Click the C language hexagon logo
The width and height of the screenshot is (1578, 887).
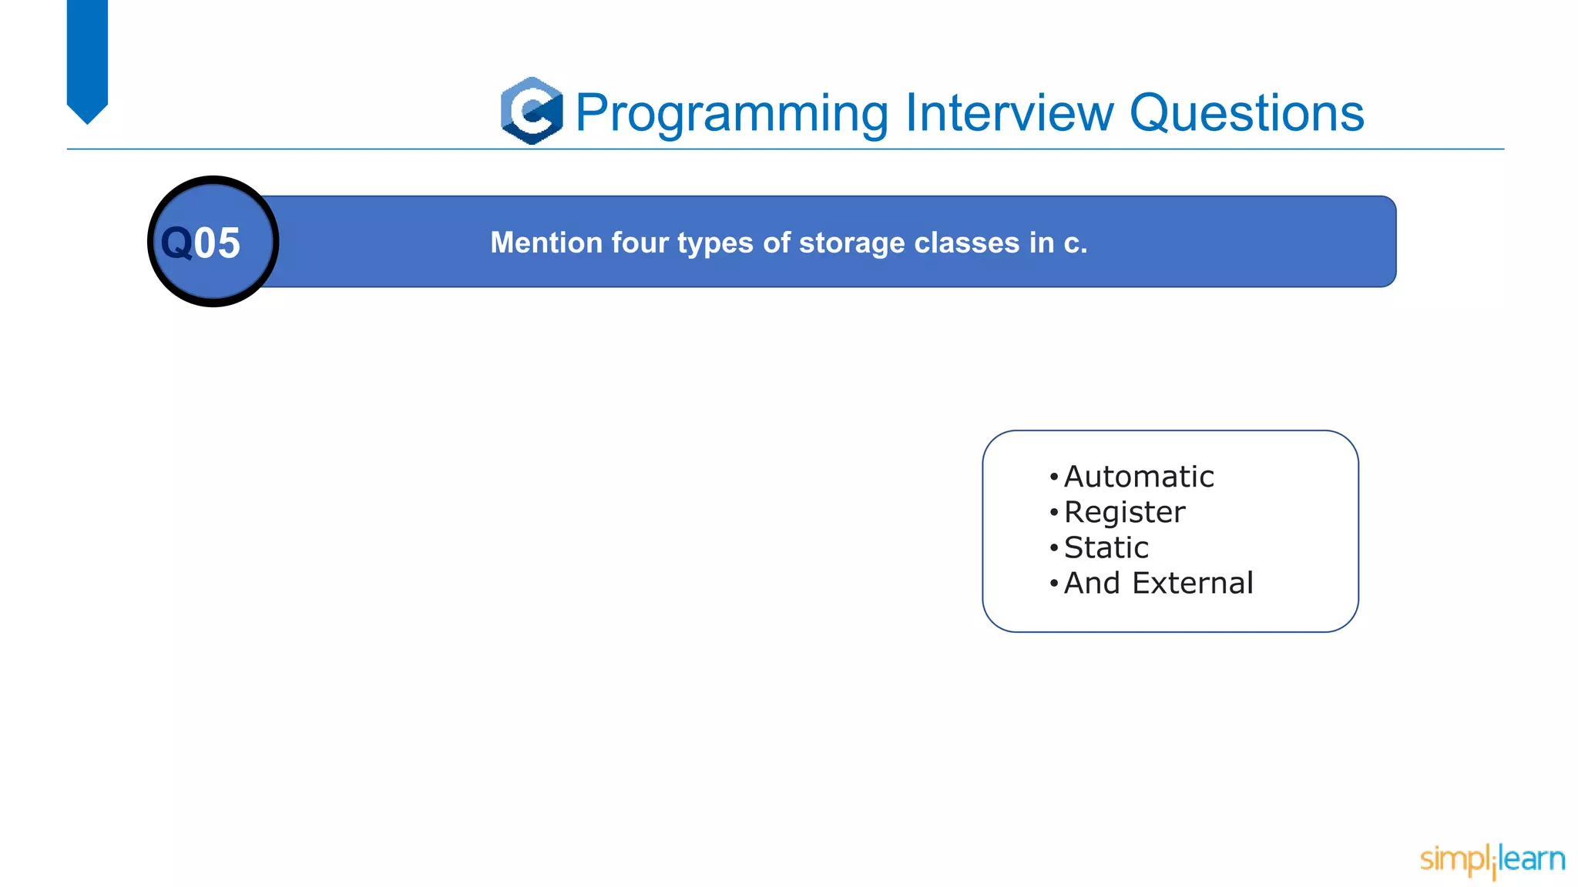532,111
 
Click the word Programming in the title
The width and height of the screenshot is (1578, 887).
732,113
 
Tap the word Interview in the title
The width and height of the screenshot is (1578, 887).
1009,113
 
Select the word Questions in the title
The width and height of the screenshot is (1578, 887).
1246,113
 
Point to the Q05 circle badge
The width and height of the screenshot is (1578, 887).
213,242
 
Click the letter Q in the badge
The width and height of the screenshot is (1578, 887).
176,243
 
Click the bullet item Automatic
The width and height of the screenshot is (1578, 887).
1139,477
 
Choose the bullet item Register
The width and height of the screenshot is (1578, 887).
1124,513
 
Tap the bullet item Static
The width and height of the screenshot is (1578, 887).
1106,548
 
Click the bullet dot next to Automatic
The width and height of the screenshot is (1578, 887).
1053,477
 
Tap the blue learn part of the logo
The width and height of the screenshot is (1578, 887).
1533,859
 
